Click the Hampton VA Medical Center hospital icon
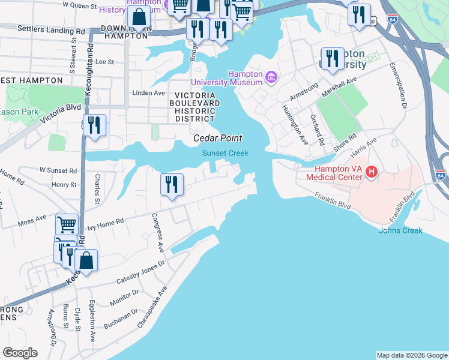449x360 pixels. click(x=371, y=173)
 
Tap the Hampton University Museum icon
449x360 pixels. click(x=271, y=77)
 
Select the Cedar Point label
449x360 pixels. click(x=217, y=138)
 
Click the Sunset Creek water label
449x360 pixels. click(x=225, y=154)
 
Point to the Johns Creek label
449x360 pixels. click(x=400, y=230)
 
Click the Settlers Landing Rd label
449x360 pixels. click(x=43, y=29)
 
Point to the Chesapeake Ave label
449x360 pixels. click(x=151, y=307)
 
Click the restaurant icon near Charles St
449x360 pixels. click(x=94, y=125)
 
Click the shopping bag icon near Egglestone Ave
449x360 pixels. click(x=86, y=260)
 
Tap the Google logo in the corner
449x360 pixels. click(x=20, y=353)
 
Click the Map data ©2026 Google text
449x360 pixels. click(x=412, y=355)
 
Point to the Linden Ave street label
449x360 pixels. click(x=148, y=93)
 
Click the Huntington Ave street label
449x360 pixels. click(x=295, y=125)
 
